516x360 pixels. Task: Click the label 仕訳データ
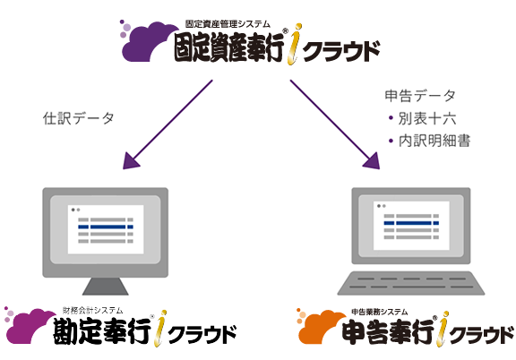point(78,118)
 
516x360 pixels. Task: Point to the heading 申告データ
point(420,96)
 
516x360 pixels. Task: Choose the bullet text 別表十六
point(427,118)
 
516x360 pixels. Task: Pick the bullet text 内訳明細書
point(434,141)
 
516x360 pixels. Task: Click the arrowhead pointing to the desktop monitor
point(131,161)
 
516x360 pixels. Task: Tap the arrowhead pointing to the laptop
point(372,161)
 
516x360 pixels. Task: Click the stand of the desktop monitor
point(106,287)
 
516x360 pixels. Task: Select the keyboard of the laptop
point(411,283)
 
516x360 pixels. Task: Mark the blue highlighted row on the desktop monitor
point(106,227)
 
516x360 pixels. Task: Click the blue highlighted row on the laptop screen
point(411,223)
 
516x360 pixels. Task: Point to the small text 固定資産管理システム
point(228,24)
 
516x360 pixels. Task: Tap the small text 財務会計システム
point(93,310)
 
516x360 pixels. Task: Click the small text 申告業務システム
point(380,312)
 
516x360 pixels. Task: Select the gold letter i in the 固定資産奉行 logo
point(295,44)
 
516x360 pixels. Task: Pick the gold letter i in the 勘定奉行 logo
point(160,328)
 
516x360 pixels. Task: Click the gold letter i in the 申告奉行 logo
point(443,329)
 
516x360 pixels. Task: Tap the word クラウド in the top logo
point(341,51)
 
